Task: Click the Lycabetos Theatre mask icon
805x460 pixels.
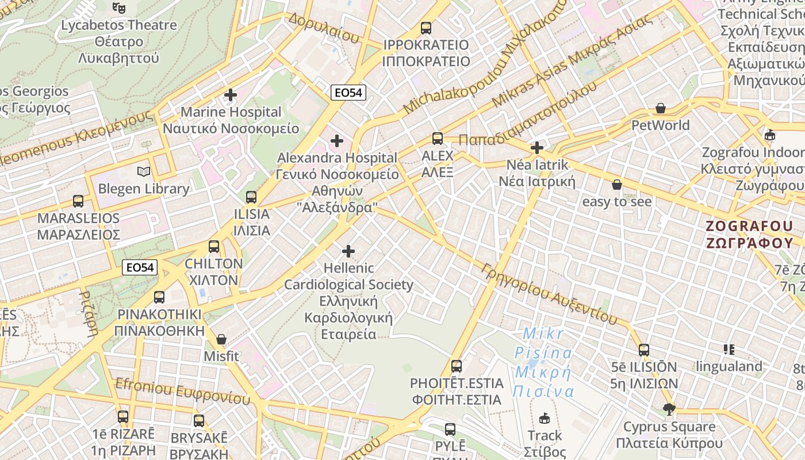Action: tap(119, 7)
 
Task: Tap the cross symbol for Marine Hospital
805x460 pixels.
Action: tap(231, 95)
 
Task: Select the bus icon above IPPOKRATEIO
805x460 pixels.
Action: tap(426, 28)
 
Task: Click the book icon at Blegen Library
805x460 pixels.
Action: tap(143, 171)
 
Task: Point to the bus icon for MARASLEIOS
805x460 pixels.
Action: tap(78, 201)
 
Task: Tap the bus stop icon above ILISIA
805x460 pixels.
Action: tap(251, 197)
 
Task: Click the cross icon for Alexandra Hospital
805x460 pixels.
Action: tap(337, 140)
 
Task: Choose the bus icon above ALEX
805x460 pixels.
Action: tap(438, 139)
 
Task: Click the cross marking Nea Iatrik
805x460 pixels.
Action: tap(537, 148)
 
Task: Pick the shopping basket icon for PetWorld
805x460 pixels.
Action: tap(661, 108)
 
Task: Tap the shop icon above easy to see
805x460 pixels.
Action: tap(617, 185)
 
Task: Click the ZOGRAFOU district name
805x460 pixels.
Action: tap(750, 234)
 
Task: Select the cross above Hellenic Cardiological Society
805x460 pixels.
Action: tap(348, 251)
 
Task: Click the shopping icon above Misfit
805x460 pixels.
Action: tap(221, 339)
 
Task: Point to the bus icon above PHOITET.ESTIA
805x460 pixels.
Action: tap(457, 366)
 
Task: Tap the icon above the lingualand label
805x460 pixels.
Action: tap(729, 349)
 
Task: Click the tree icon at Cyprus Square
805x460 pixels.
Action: tap(669, 409)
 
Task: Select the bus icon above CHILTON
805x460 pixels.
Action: tap(214, 247)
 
